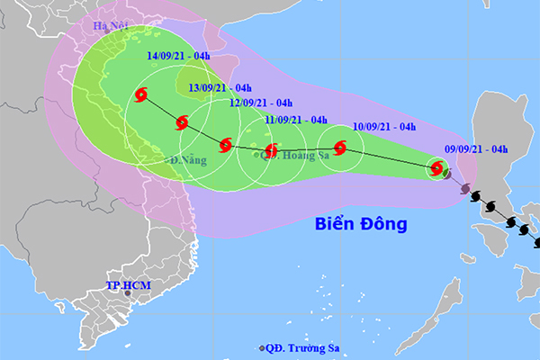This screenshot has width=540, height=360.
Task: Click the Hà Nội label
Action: (111, 25)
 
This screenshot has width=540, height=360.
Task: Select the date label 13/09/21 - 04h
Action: (220, 87)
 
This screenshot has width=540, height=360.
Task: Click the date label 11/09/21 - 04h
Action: (296, 119)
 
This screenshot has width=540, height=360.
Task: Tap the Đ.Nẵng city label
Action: (187, 160)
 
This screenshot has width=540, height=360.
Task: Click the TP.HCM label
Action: (124, 285)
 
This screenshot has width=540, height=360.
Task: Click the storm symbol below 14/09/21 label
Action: (142, 94)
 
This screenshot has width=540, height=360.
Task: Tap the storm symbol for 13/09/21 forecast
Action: (183, 122)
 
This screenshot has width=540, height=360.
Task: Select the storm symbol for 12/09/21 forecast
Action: (225, 143)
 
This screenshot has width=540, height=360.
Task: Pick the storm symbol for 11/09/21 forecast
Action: (271, 151)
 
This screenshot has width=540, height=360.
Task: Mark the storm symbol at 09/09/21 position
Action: (437, 167)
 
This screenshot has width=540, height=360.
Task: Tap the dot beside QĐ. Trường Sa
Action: (262, 348)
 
